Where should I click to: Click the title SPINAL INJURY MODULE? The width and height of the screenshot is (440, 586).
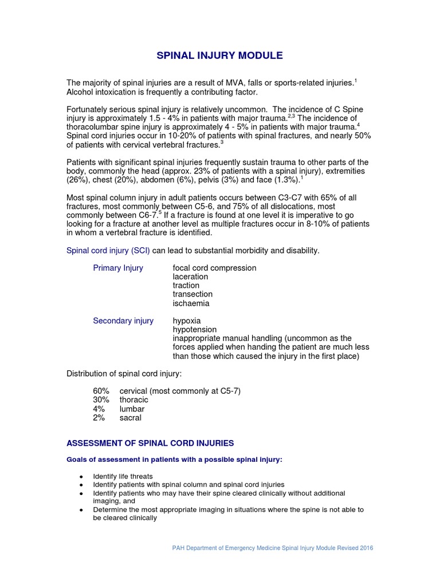[x=220, y=56]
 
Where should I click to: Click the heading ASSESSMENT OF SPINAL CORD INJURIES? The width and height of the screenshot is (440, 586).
[x=150, y=443]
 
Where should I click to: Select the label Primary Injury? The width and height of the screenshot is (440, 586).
[x=118, y=268]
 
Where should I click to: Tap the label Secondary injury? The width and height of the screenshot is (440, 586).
[x=123, y=321]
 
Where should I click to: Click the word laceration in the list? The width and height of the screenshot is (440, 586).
[x=190, y=277]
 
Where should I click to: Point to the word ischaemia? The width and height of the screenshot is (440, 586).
[x=191, y=303]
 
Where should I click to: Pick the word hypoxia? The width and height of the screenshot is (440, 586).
[x=187, y=321]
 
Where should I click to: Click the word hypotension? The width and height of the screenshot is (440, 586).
[x=195, y=330]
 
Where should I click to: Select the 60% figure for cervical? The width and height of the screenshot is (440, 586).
[x=101, y=391]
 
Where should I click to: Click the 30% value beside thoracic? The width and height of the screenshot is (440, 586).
[x=101, y=400]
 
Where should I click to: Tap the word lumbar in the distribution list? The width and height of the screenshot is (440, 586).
[x=132, y=409]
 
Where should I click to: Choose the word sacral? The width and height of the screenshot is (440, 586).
[x=130, y=418]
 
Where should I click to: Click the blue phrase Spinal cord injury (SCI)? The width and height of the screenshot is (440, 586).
[x=108, y=251]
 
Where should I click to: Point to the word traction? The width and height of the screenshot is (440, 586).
[x=186, y=286]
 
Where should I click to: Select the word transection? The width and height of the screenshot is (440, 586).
[x=192, y=294]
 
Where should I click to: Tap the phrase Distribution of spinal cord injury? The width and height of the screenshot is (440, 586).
[x=124, y=374]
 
